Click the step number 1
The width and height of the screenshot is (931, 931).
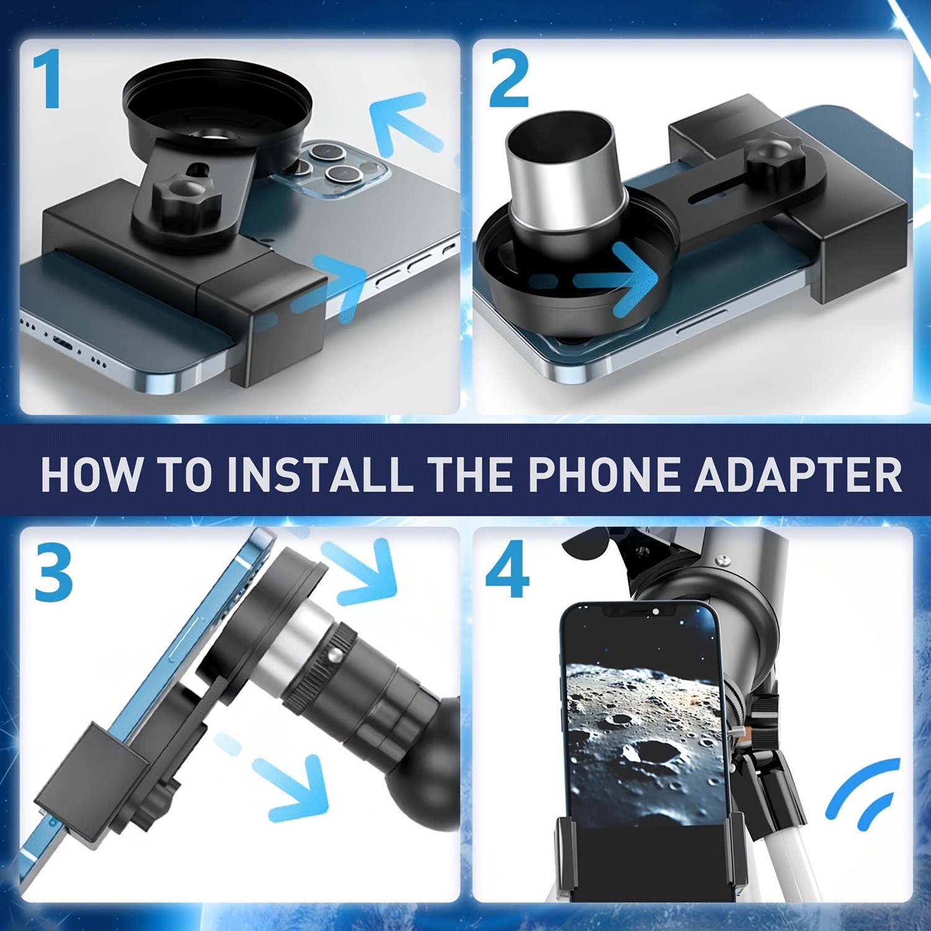[47, 79]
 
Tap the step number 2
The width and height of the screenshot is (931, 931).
[509, 79]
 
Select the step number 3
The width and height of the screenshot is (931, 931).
[53, 572]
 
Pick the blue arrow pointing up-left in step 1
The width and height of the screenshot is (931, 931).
[403, 124]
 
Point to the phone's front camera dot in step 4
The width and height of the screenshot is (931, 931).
[656, 612]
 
